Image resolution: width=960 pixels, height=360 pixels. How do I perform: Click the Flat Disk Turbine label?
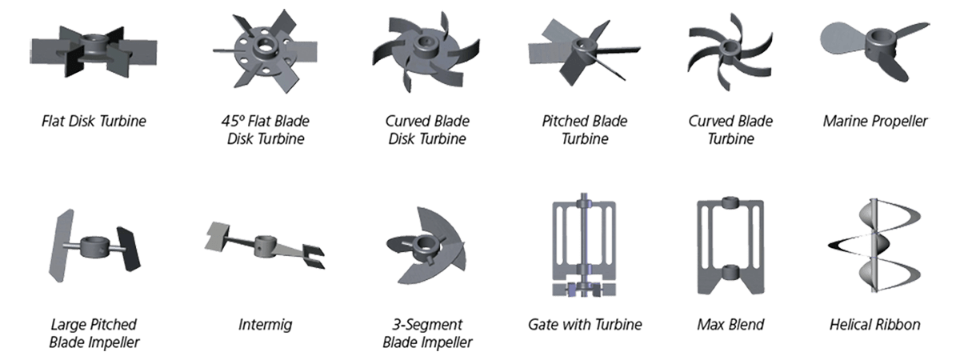[94, 122]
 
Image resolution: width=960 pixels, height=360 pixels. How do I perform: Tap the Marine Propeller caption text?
[875, 122]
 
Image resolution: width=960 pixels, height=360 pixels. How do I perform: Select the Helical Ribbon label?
[875, 325]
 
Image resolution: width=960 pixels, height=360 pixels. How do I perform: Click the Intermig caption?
[265, 325]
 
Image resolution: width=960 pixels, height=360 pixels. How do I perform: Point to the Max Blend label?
[730, 325]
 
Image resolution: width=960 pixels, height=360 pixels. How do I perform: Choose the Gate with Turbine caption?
[585, 325]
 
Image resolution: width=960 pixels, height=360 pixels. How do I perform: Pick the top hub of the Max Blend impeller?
[730, 202]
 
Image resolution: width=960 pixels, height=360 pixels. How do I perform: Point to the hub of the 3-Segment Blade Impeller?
[416, 241]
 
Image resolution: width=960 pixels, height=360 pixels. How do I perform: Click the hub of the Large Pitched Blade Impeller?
[94, 242]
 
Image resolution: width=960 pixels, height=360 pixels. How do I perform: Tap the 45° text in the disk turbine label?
[233, 122]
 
